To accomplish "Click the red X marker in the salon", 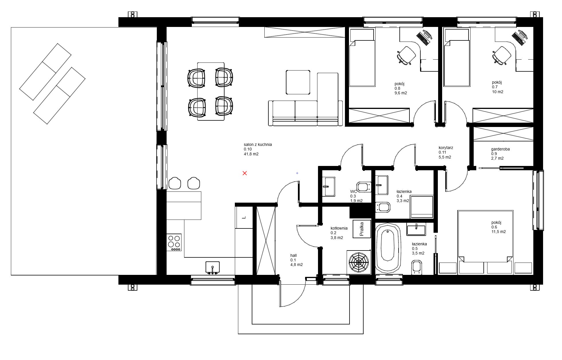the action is [x=245, y=173].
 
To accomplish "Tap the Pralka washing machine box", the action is [x=361, y=229].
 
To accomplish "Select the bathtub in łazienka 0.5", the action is [x=388, y=248].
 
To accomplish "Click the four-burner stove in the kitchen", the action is [x=174, y=242].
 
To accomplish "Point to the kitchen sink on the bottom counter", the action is [x=212, y=267].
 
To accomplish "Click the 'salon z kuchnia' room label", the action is [x=258, y=144].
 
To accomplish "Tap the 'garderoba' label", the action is [x=500, y=149].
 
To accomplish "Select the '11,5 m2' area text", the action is [x=499, y=232].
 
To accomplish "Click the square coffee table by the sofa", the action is [x=298, y=82].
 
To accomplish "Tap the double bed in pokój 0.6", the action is [x=485, y=236].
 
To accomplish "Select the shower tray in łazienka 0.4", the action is [x=421, y=207].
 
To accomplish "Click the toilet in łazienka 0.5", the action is [x=417, y=267].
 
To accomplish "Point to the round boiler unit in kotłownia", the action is [x=358, y=262].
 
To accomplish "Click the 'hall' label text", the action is [x=293, y=255].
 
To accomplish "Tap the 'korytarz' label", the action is [x=446, y=148].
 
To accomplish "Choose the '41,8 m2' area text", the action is [x=251, y=154].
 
